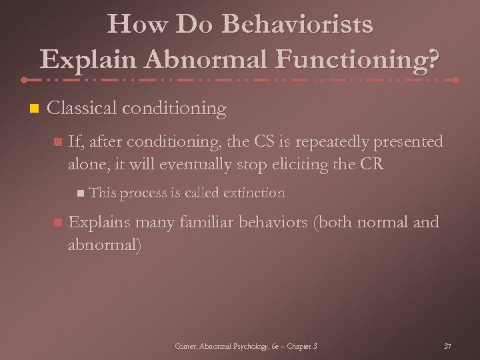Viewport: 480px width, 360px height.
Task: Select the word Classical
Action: (x=83, y=108)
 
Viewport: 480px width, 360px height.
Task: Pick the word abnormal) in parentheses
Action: (x=105, y=244)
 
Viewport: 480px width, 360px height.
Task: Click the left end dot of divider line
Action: (x=24, y=79)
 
